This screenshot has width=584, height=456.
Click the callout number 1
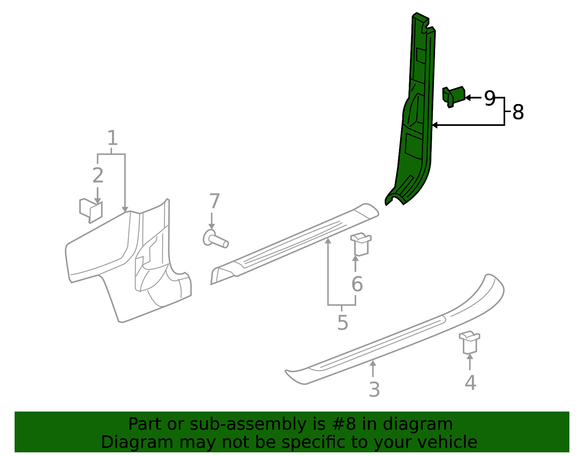[112, 138]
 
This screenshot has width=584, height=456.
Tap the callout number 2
[97, 175]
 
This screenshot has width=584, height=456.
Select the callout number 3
[374, 389]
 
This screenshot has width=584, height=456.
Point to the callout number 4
[470, 383]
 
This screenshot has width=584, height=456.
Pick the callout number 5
[343, 322]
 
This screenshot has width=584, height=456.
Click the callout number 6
[357, 284]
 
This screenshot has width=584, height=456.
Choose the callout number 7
[215, 201]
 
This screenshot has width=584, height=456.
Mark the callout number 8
[518, 112]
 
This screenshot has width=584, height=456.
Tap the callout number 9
[490, 98]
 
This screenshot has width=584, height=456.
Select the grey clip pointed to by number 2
[91, 211]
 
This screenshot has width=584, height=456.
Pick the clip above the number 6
[361, 244]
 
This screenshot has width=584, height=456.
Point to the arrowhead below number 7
[211, 226]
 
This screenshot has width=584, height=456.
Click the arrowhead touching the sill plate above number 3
[373, 363]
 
